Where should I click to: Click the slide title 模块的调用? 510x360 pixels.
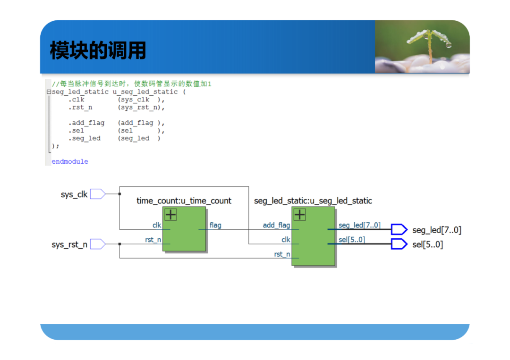98,50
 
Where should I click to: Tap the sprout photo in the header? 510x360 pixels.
422,46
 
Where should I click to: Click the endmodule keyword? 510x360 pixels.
70,161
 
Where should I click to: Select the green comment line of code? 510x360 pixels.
132,84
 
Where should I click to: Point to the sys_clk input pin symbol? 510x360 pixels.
98,194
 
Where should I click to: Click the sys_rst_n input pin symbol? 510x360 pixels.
98,244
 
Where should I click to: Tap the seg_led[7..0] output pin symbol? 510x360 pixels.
399,229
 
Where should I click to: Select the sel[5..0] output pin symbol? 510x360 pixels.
399,244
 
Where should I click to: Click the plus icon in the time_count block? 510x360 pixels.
170,215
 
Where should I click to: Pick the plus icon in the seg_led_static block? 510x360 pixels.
299,215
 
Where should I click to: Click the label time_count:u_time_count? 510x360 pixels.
184,201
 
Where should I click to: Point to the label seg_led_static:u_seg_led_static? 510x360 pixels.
313,201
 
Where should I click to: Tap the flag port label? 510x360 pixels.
215,225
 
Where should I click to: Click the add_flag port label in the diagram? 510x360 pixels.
276,225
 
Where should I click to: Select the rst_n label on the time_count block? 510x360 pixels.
153,240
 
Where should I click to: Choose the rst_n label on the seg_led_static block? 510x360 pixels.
282,254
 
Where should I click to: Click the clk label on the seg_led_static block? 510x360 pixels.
286,240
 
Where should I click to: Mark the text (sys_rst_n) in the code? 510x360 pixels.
141,108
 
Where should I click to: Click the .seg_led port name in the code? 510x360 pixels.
84,138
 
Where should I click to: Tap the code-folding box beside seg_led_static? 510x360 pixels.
49,92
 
